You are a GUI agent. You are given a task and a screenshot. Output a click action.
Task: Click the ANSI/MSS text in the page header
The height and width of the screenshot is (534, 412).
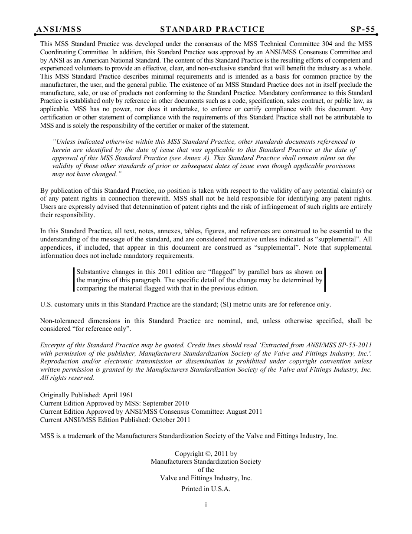[59, 30]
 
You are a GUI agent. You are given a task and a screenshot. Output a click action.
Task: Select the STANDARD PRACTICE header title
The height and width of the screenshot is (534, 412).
[212, 30]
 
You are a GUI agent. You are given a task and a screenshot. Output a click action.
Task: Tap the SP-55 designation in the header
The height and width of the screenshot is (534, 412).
[363, 30]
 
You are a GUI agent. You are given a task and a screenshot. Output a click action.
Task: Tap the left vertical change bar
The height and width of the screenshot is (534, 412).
[74, 280]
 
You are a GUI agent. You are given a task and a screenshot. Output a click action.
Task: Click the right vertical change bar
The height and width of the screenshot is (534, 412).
[325, 280]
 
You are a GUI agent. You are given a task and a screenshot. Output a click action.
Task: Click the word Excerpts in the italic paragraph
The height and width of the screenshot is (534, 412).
[53, 345]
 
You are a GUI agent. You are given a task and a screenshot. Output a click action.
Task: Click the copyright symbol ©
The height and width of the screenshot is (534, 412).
[207, 454]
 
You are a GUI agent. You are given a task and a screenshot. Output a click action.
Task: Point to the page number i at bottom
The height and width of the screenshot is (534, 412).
[206, 505]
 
